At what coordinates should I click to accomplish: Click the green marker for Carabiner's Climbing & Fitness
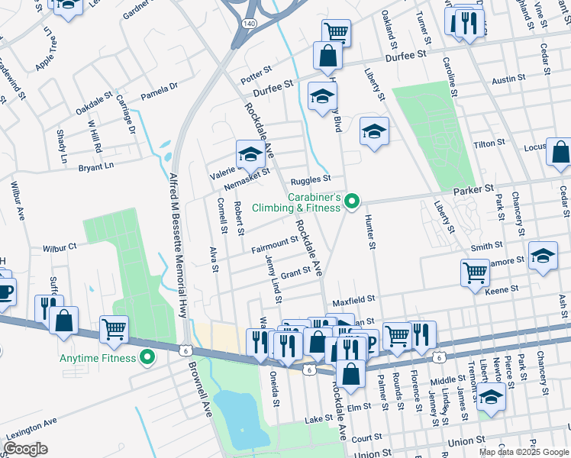[352, 202]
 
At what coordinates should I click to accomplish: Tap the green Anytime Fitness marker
[147, 357]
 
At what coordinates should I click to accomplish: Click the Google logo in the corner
[25, 449]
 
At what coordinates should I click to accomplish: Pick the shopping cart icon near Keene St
[475, 272]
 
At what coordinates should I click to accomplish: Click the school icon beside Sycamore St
[543, 255]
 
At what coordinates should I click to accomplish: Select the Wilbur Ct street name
[60, 247]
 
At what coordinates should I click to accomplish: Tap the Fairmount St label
[274, 244]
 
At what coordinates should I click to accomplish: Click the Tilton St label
[489, 144]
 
